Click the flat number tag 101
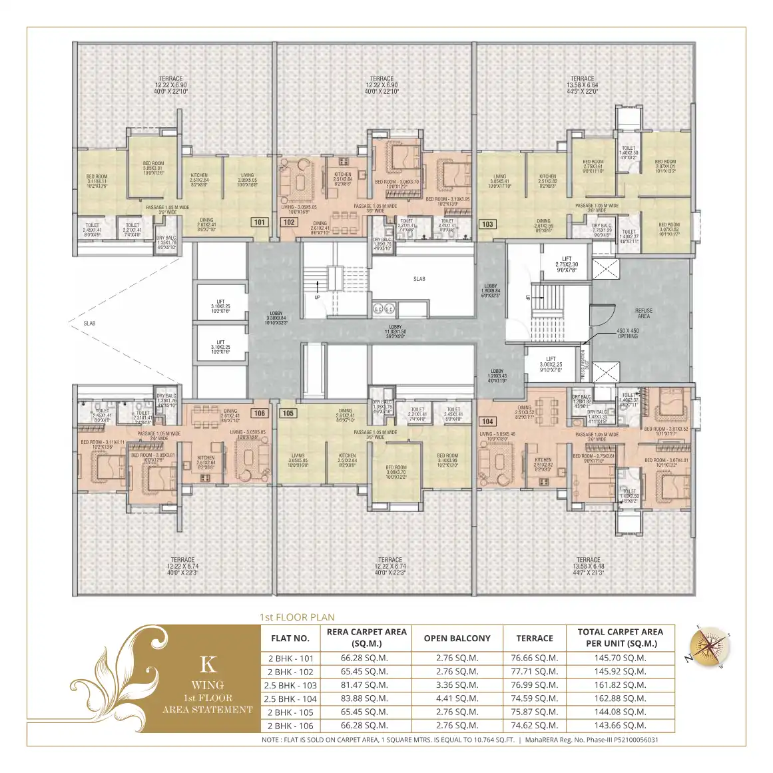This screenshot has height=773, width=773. coord(259,222)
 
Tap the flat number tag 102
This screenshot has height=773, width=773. coord(289,222)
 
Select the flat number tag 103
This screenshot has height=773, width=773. coord(487,224)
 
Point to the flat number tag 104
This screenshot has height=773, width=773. coord(487,421)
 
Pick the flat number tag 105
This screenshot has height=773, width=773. coord(288,413)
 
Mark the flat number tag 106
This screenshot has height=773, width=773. coord(259,413)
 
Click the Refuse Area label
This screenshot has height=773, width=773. coord(643,314)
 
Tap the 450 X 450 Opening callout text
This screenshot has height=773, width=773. coord(627,334)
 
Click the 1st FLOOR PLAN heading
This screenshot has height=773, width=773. coord(297,617)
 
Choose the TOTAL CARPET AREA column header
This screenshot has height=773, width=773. coord(620,638)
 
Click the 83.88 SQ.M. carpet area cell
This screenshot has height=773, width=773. coord(364,698)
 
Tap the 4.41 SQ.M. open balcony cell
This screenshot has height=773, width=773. coord(457,698)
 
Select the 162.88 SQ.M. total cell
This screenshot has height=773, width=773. coord(620,698)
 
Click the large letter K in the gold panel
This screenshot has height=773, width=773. coord(208,664)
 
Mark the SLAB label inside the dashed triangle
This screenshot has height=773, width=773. coord(89,324)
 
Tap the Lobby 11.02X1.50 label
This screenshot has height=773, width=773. coord(395,332)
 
